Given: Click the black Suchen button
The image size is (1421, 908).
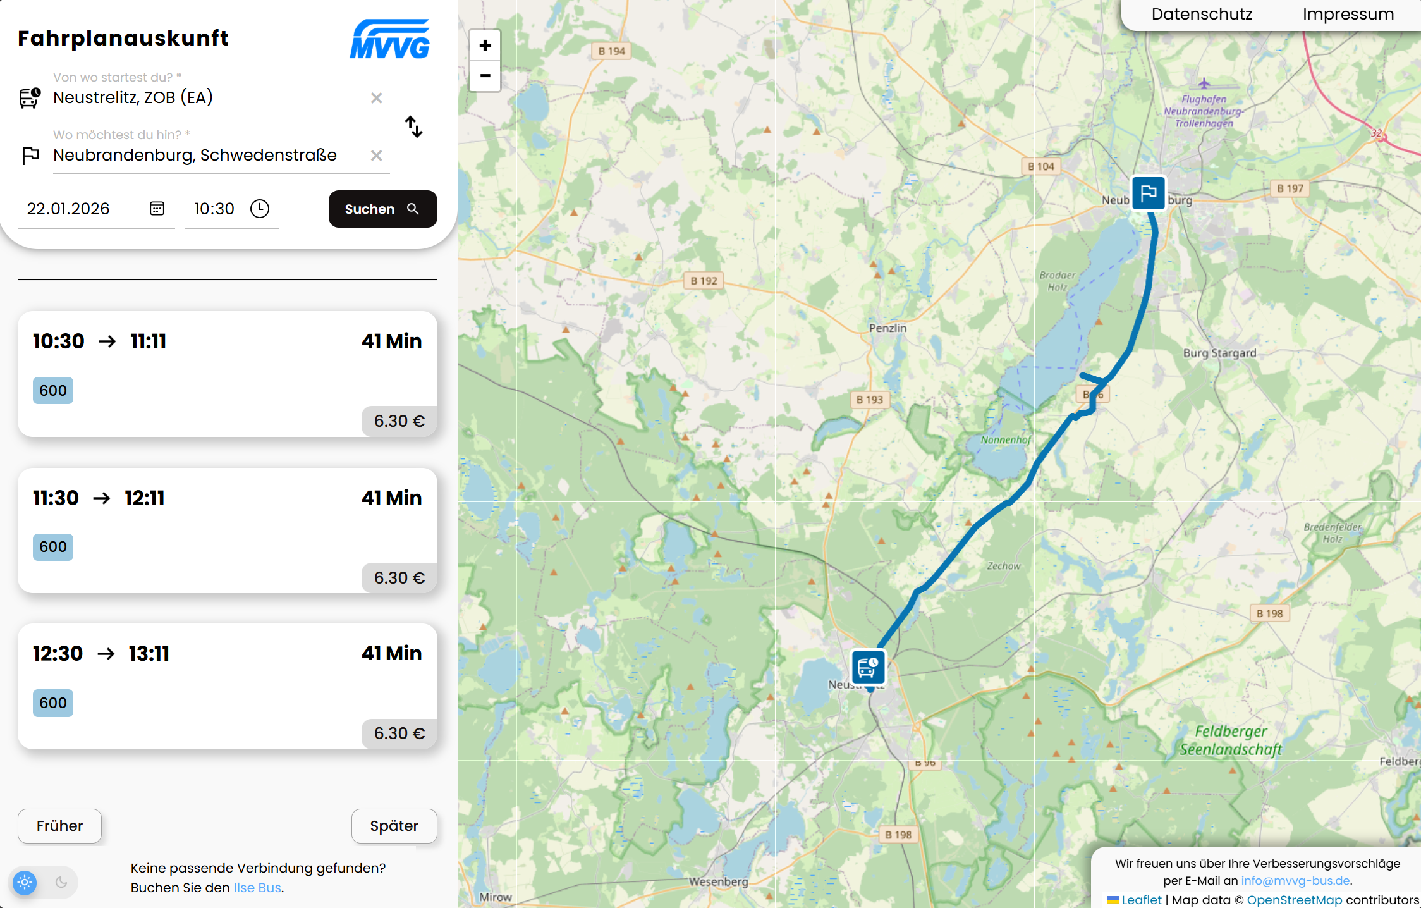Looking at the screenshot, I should coord(382,209).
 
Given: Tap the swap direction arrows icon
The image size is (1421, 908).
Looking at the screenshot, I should coord(413,126).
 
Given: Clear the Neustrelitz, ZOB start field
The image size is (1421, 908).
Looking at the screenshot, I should coord(376,98).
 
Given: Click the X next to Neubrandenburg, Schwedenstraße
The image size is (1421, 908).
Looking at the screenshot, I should coord(376,156).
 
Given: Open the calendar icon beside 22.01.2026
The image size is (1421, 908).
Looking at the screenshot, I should coord(157,209).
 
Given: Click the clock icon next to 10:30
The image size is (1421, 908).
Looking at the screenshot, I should coord(260,209).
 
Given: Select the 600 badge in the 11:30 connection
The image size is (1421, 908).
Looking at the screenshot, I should coord(53,547).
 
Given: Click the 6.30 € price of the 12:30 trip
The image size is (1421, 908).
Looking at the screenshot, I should coord(399,733).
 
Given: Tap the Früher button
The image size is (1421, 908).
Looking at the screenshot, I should coord(59,826).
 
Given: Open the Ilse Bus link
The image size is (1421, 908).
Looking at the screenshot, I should coord(257,888).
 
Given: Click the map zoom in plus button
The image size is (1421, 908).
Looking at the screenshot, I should coord(485,46).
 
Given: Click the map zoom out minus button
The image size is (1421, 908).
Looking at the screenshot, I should coord(485,76).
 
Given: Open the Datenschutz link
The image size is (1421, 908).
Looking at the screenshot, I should coord(1202,14).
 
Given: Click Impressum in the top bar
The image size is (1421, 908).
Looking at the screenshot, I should coord(1348,14).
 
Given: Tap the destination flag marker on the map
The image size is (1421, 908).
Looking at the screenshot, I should coord(1148,193).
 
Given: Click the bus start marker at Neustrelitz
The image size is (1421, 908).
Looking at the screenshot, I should coord(868,667).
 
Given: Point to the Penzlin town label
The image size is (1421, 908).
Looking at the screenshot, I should coord(887,328).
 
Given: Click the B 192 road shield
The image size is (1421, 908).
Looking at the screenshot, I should coord(704,281).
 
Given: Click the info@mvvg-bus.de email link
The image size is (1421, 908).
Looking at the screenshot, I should coord(1295,881).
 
